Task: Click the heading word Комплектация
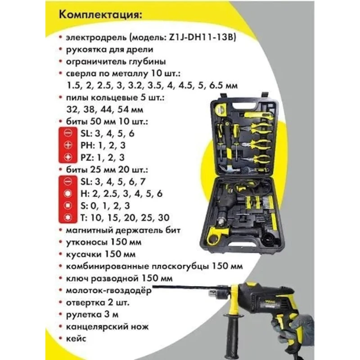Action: (x=99, y=13)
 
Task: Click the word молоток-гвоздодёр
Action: (x=108, y=290)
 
